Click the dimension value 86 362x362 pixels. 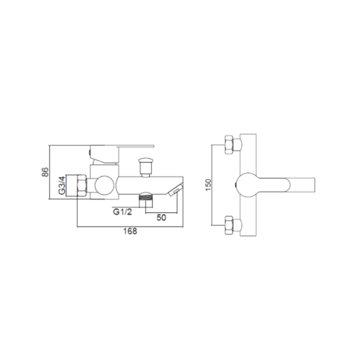(46, 172)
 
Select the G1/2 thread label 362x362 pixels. (122, 212)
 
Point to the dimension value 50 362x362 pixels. (161, 218)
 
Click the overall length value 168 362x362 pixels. (130, 231)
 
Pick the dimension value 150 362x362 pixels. (208, 185)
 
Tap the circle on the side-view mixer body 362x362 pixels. (104, 185)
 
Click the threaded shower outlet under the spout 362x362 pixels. (145, 201)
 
